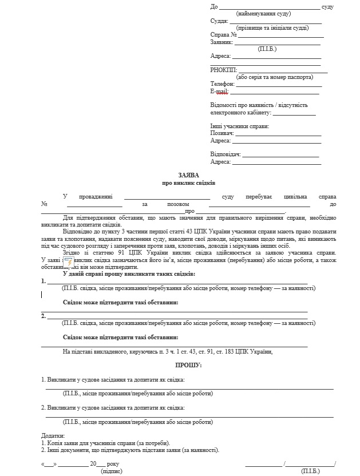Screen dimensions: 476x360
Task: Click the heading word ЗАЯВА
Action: (188, 174)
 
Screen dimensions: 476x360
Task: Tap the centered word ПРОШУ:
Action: (188, 364)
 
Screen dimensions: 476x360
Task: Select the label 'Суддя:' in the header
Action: (219, 21)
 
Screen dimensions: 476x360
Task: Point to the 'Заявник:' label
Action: (221, 42)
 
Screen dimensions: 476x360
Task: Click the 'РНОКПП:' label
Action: (223, 70)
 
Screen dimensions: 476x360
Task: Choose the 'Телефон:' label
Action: (223, 84)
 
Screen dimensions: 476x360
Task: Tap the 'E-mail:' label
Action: (219, 91)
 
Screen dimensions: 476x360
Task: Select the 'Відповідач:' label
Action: (225, 154)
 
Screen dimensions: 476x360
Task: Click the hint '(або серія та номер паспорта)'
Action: (275, 77)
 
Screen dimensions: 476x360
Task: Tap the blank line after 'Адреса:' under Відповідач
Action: (275, 162)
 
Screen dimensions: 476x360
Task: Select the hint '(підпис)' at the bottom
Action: (110, 471)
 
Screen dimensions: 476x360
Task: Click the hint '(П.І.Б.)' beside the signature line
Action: (310, 471)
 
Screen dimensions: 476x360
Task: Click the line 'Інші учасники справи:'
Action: (239, 126)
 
